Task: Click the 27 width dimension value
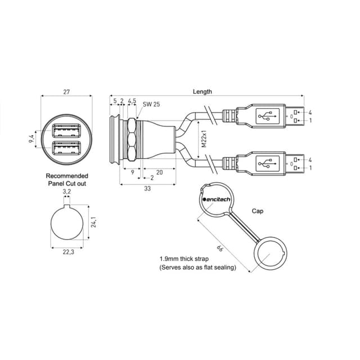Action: (x=67, y=91)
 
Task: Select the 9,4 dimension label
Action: (x=31, y=139)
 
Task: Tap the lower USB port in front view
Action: (x=67, y=149)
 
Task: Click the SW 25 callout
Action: (x=151, y=105)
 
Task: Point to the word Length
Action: (x=202, y=92)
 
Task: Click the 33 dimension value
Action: (x=147, y=188)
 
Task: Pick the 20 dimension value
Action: (x=159, y=173)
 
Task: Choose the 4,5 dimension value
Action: (x=132, y=101)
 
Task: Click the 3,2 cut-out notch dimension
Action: (x=67, y=192)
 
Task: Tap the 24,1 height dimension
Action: (x=94, y=223)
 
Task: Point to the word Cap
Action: (x=258, y=211)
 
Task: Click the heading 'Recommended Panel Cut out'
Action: (x=67, y=179)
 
